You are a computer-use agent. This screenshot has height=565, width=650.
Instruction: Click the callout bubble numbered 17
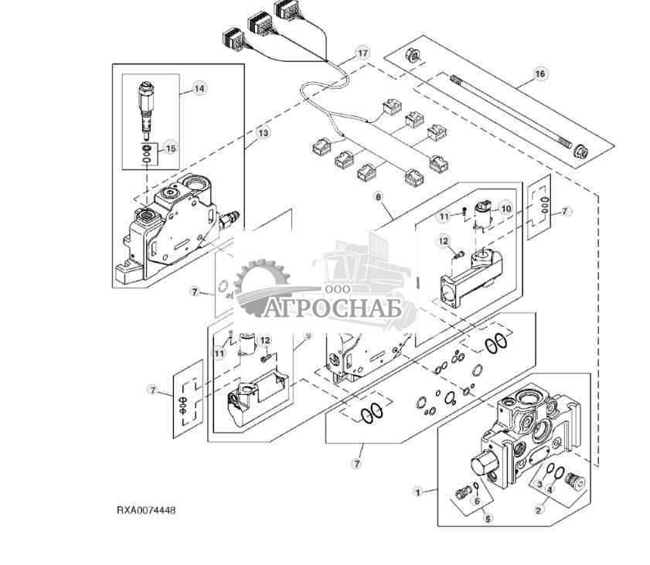[x=362, y=53]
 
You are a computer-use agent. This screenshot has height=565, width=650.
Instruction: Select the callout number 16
[x=540, y=74]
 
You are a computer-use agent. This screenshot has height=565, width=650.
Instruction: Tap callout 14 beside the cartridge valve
[x=199, y=89]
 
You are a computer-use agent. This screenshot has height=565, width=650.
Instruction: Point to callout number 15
[x=171, y=148]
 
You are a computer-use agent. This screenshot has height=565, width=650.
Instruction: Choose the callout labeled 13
[x=264, y=133]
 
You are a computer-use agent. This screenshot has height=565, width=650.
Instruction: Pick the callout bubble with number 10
[x=505, y=208]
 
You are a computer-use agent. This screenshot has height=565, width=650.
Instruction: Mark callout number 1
[x=418, y=492]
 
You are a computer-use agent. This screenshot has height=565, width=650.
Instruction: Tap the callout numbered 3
[x=539, y=485]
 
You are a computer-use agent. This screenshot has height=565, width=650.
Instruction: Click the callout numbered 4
[x=550, y=489]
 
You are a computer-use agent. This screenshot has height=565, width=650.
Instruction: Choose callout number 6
[x=478, y=501]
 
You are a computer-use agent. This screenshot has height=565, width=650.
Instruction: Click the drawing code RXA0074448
[x=146, y=511]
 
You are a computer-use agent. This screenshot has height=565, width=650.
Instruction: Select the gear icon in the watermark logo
[x=260, y=287]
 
